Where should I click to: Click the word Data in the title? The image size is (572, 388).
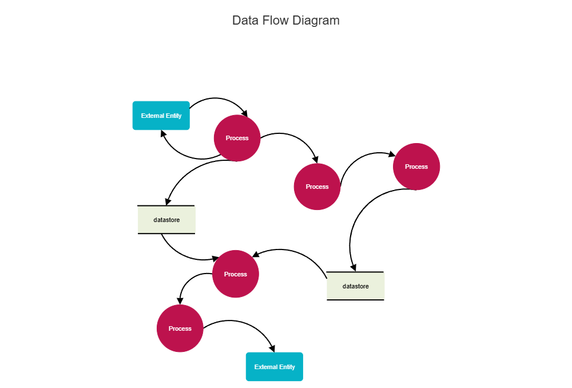[244, 21]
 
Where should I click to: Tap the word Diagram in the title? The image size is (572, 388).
[316, 21]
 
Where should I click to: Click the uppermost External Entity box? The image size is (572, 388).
[161, 116]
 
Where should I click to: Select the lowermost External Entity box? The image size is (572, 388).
[274, 367]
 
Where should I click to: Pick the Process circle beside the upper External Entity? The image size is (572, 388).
[237, 138]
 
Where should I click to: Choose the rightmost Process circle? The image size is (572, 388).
[416, 167]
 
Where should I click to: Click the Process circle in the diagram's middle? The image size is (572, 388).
[317, 187]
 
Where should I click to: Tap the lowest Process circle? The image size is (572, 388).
[180, 328]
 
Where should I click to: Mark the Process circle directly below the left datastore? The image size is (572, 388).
[235, 274]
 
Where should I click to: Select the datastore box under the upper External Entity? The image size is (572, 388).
[166, 220]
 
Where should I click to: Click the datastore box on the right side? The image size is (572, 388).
[355, 286]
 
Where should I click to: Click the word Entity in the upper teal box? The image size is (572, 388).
[174, 116]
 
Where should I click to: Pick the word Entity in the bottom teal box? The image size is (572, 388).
[287, 367]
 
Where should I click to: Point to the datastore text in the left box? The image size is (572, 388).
[166, 220]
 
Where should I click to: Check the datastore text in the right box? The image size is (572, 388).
[355, 286]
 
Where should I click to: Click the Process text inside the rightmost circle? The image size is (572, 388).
[416, 167]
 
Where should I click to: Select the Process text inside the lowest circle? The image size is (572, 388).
[180, 328]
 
